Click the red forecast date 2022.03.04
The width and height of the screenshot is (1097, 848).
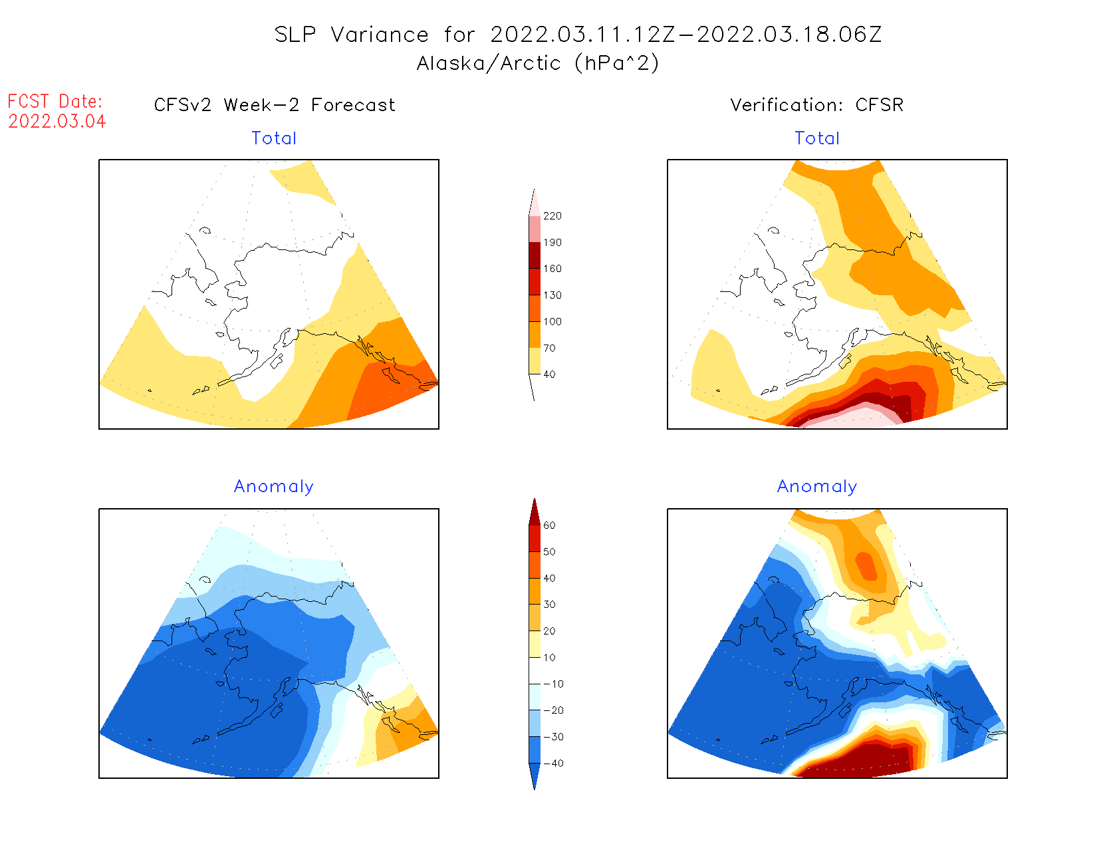pos(57,122)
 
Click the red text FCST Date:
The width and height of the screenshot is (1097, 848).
pos(55,102)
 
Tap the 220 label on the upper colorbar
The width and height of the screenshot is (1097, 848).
pos(552,216)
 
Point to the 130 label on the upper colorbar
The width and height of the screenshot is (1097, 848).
pos(552,295)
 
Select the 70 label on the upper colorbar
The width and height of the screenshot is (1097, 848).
pos(549,348)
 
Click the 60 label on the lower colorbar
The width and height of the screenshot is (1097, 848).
pos(549,525)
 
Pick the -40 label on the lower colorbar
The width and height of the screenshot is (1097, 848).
pos(553,764)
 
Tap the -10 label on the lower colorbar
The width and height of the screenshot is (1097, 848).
pos(553,684)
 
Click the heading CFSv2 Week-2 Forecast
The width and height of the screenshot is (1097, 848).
pos(275,105)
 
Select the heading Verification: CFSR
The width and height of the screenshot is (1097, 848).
pos(817,105)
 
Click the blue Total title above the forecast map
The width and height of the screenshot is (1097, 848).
pos(274,138)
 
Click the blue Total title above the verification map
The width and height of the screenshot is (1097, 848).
pos(817,138)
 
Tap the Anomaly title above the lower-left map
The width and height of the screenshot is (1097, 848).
pos(274,487)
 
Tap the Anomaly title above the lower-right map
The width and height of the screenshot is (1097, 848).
pos(817,487)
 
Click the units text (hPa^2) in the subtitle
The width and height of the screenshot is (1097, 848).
pos(617,63)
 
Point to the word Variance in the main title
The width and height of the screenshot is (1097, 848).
pos(380,35)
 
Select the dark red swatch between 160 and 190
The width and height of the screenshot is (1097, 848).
pos(535,255)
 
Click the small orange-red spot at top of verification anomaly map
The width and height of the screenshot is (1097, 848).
pos(867,566)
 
